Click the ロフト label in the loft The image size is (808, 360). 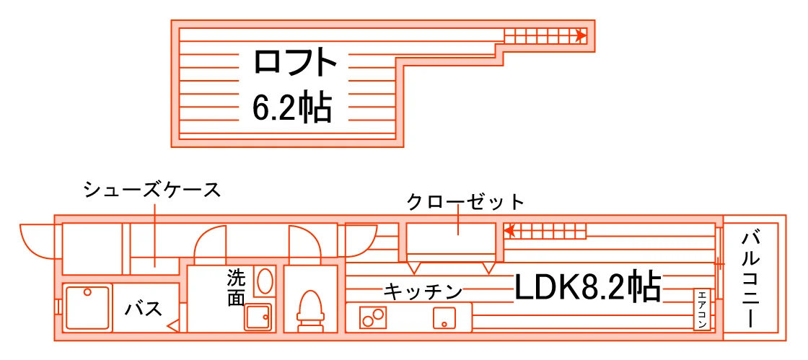tap(295, 62)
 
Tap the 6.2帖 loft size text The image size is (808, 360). tap(291, 107)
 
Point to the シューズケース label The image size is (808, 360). tap(152, 190)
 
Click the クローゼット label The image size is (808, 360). tap(465, 201)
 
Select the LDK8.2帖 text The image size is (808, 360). tap(588, 287)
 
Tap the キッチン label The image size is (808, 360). tap(423, 292)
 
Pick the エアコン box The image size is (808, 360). tap(702, 309)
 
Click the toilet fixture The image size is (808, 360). tap(310, 311)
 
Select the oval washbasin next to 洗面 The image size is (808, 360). tap(264, 281)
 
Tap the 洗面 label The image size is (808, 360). tap(236, 288)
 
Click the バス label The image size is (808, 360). tap(144, 309)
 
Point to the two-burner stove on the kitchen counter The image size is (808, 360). tap(374, 316)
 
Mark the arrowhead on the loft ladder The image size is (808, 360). tap(581, 36)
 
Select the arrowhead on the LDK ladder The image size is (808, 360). tap(509, 232)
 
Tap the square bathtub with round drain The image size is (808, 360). tap(88, 308)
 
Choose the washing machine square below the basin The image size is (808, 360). tap(258, 317)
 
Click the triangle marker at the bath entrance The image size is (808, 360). tap(174, 325)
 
